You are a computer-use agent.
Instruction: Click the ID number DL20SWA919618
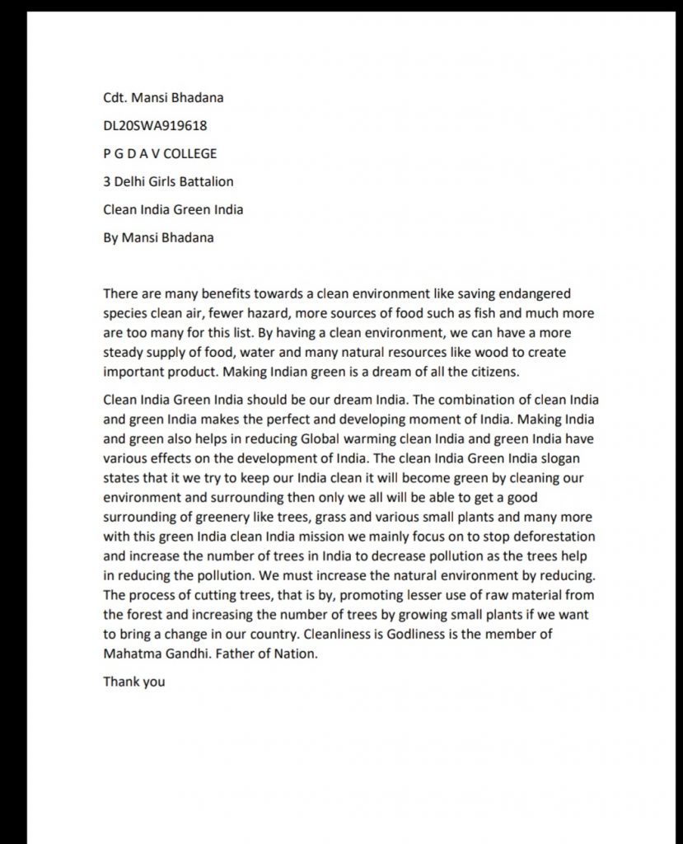coord(155,125)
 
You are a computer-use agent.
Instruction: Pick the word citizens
coord(491,371)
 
